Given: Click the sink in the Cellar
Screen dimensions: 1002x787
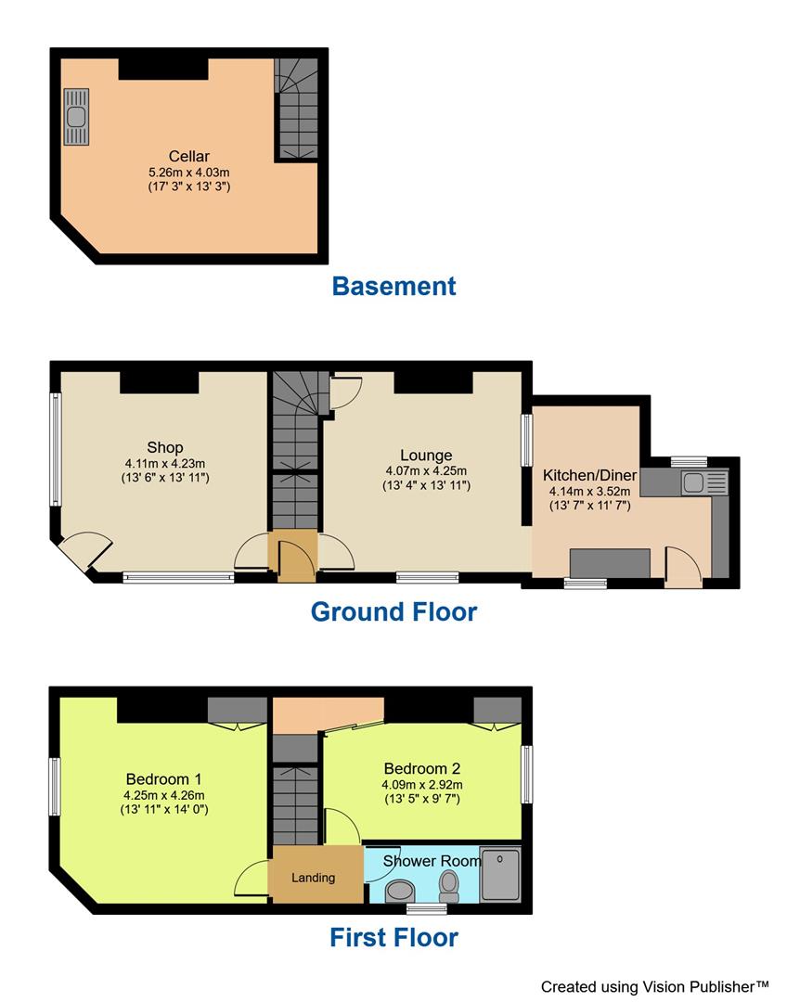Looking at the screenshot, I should click(x=76, y=117).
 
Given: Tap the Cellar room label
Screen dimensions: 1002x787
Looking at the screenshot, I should click(x=188, y=156).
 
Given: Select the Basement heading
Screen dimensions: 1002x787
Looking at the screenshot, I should click(x=393, y=286).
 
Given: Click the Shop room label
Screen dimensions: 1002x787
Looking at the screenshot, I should click(x=164, y=447).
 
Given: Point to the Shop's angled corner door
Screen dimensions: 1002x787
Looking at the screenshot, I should click(x=82, y=551).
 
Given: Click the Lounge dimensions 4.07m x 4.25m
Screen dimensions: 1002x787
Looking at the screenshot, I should click(x=426, y=470).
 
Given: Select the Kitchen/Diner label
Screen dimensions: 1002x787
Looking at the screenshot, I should click(x=589, y=476).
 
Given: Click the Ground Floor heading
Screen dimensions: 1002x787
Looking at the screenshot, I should click(x=393, y=611).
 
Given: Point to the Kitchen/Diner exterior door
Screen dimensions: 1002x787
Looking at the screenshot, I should click(x=683, y=565).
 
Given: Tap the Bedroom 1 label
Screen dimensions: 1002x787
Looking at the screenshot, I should click(x=164, y=778).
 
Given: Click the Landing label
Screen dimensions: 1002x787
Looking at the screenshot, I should click(x=313, y=877).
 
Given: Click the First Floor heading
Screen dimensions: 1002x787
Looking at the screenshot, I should click(x=393, y=937).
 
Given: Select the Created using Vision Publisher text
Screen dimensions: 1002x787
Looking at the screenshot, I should click(x=655, y=986).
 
